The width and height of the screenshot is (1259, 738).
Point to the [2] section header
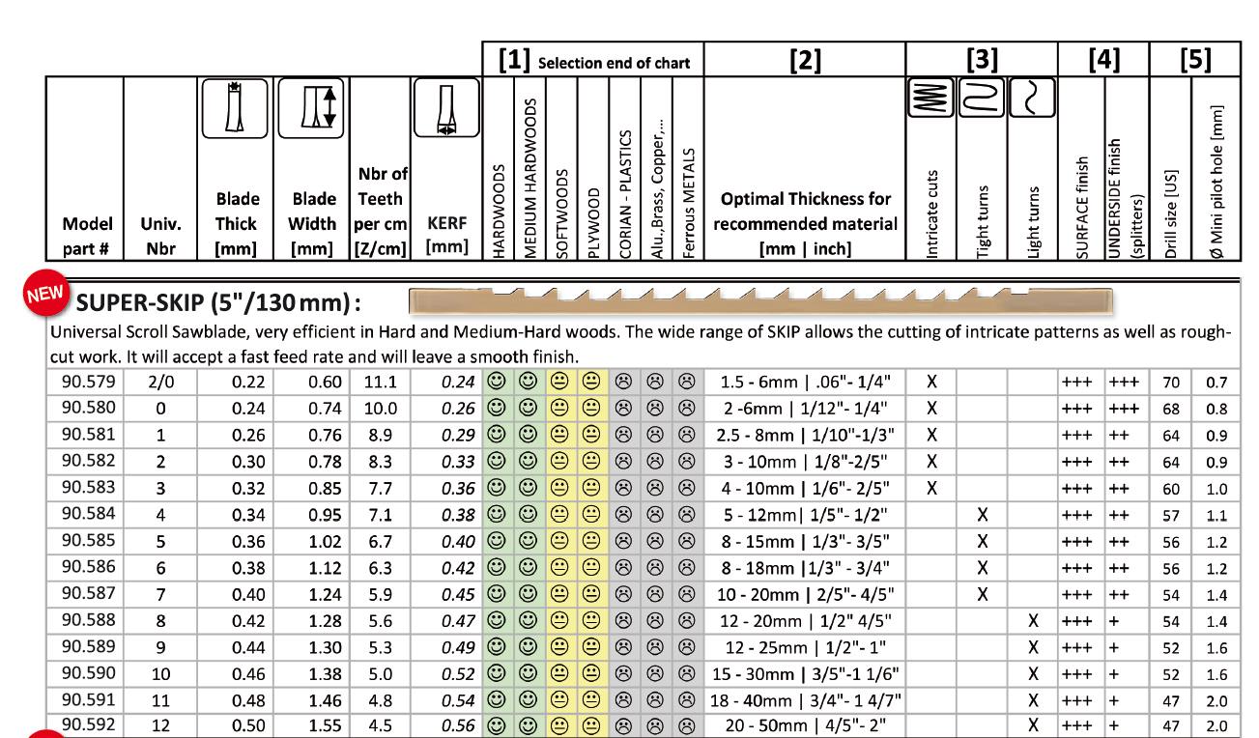(x=803, y=62)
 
